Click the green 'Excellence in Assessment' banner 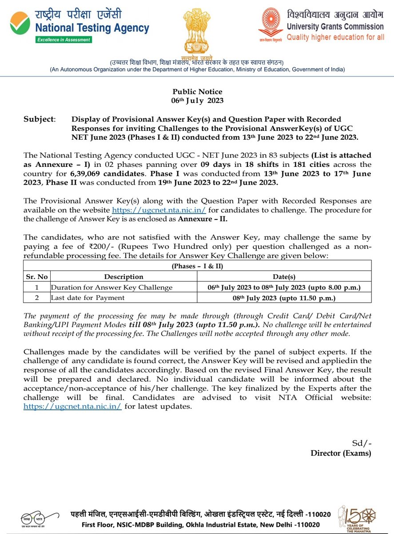[64, 40]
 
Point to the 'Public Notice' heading [197, 92]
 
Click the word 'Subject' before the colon [38, 119]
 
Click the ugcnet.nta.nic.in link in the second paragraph [159, 210]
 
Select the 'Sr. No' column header [36, 276]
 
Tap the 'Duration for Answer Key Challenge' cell [111, 287]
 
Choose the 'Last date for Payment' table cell [88, 298]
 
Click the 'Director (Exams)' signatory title [341, 453]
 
